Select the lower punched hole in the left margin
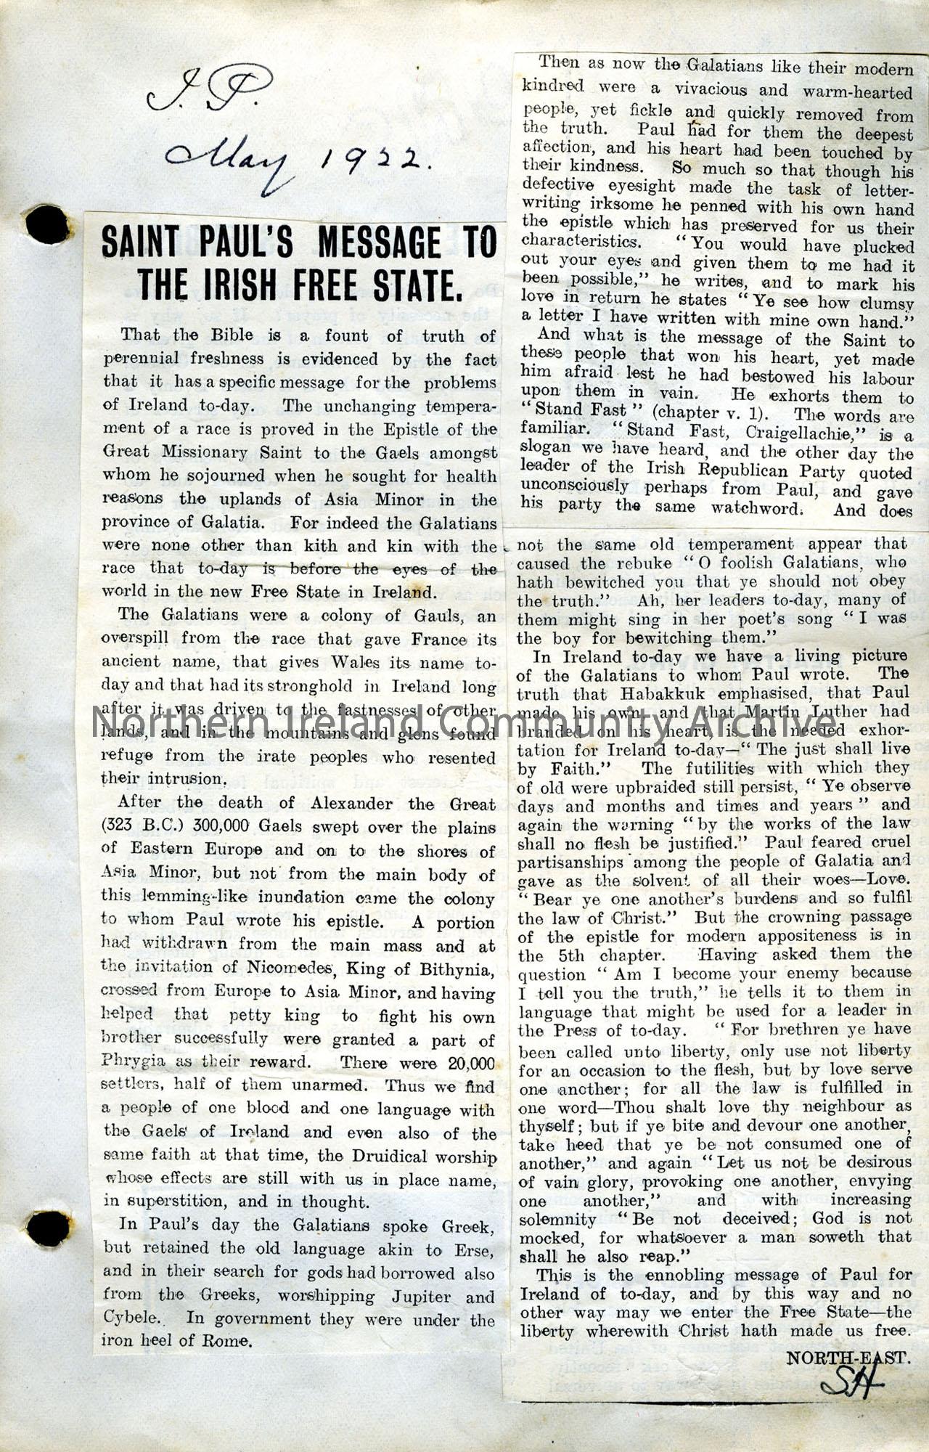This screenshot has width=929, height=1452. click(48, 1227)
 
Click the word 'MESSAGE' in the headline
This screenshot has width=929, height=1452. click(379, 243)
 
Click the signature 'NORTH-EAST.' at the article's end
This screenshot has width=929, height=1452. click(848, 1357)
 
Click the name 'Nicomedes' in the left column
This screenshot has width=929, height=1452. click(290, 968)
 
